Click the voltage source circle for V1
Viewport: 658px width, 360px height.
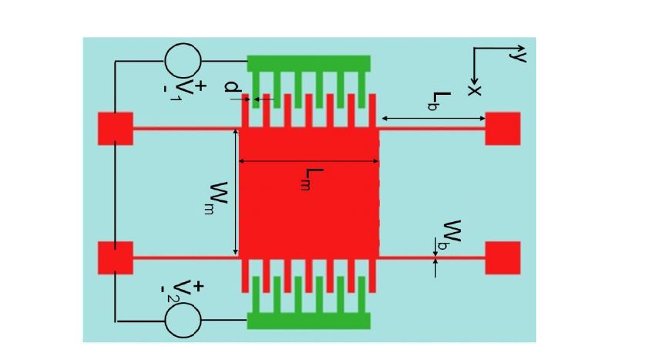(183, 60)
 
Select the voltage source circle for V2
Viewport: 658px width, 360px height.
(183, 318)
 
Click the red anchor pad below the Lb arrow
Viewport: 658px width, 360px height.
(502, 128)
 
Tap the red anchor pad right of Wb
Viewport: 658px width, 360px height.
(502, 257)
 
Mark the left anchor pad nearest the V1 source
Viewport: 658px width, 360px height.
(116, 128)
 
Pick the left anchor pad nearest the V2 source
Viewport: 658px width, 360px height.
(116, 257)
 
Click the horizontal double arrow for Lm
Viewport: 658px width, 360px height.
(309, 161)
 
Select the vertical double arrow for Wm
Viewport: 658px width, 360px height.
(234, 193)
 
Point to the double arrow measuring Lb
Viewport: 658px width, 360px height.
(433, 118)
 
